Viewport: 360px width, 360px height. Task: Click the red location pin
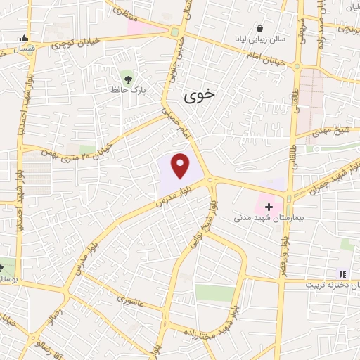tap(181, 166)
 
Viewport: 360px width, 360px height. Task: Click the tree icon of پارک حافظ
tap(127, 76)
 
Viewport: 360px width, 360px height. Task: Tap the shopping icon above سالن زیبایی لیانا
tap(261, 30)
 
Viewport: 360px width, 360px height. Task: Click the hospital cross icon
tap(269, 207)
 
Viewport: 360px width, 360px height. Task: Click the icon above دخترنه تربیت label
tap(342, 274)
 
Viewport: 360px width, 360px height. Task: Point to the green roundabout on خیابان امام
tap(174, 31)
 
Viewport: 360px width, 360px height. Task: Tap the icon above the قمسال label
tap(25, 39)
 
